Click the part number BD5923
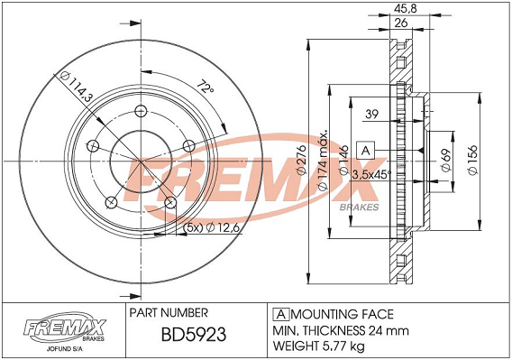194,335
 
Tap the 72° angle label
206,86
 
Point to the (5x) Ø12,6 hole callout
212,227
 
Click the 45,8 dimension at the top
406,8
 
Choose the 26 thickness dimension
401,23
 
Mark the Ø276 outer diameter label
300,160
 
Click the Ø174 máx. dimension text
323,162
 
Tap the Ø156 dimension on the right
473,160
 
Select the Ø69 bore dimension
446,160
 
